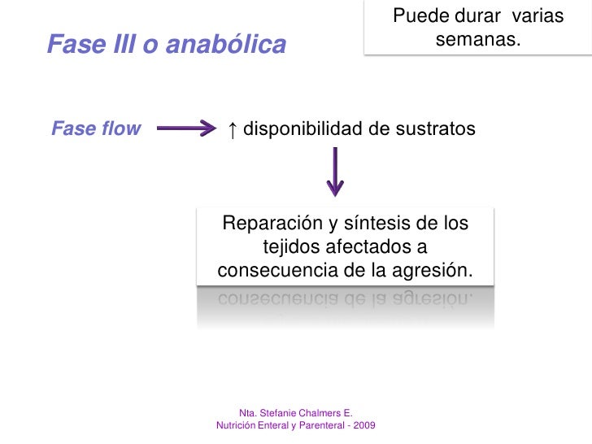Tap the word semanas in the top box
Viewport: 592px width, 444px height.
477,39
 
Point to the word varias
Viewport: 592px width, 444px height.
538,15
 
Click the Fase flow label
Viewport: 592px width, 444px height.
96,128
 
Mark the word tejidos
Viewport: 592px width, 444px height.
289,246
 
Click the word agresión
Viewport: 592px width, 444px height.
436,269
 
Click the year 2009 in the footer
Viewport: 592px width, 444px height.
363,425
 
